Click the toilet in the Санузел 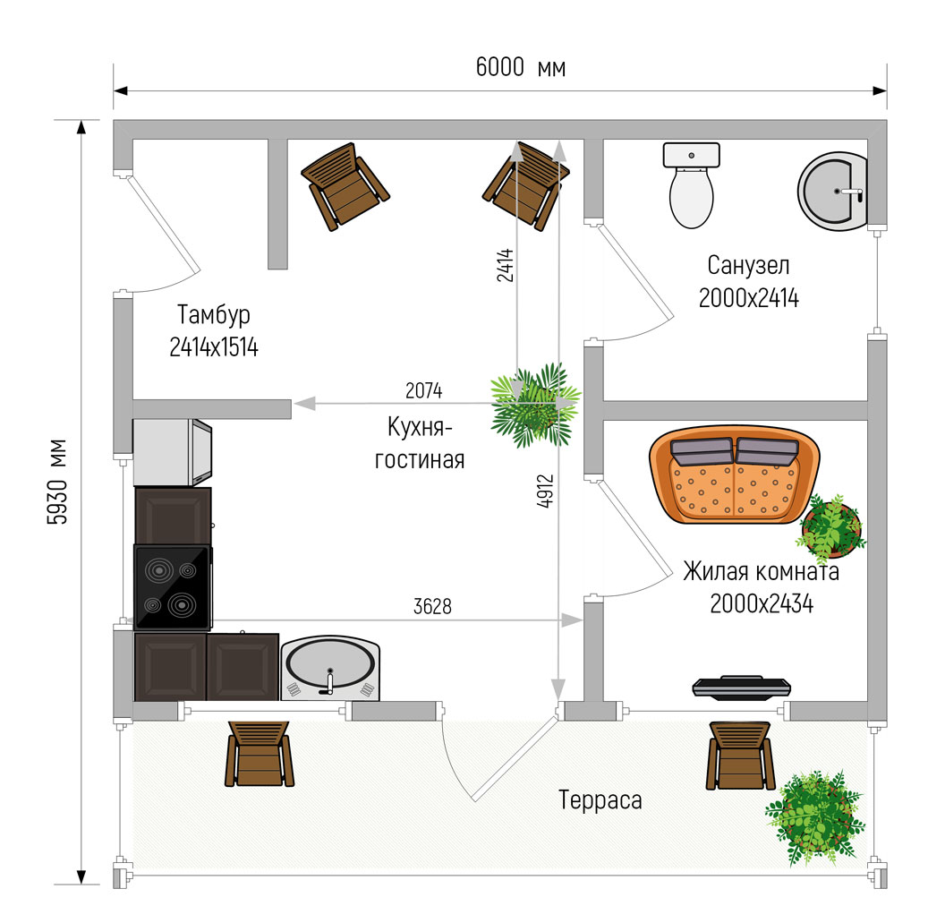(691, 184)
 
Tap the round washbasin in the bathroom (832, 192)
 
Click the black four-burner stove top (172, 587)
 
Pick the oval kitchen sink (329, 668)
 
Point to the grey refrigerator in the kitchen (172, 452)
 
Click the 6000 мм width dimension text (520, 67)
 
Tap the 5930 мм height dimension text (57, 482)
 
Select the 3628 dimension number (432, 606)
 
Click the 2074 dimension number (424, 390)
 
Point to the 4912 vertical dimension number (545, 491)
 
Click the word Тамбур (214, 315)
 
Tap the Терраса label (600, 799)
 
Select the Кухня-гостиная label (420, 443)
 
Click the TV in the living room (742, 687)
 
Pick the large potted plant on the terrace (815, 819)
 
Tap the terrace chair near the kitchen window (260, 754)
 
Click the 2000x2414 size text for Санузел (749, 298)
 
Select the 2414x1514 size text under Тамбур (214, 347)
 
